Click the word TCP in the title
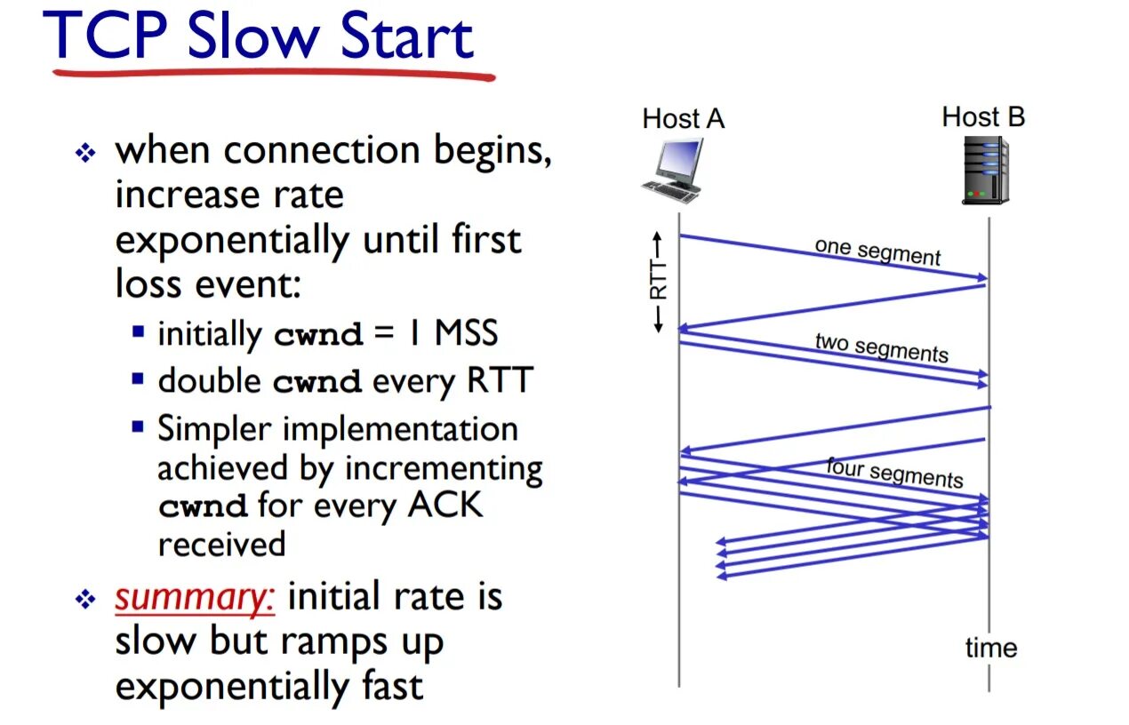(107, 38)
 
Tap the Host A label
(683, 119)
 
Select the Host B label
(983, 116)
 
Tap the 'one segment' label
(877, 251)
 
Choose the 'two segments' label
(881, 347)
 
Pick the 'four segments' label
(894, 473)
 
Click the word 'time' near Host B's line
(991, 648)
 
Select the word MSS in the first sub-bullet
(466, 333)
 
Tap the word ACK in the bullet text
(444, 506)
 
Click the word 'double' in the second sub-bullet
(209, 380)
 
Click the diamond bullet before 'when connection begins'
(85, 153)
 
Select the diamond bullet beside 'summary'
(85, 601)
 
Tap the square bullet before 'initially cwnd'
(138, 332)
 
